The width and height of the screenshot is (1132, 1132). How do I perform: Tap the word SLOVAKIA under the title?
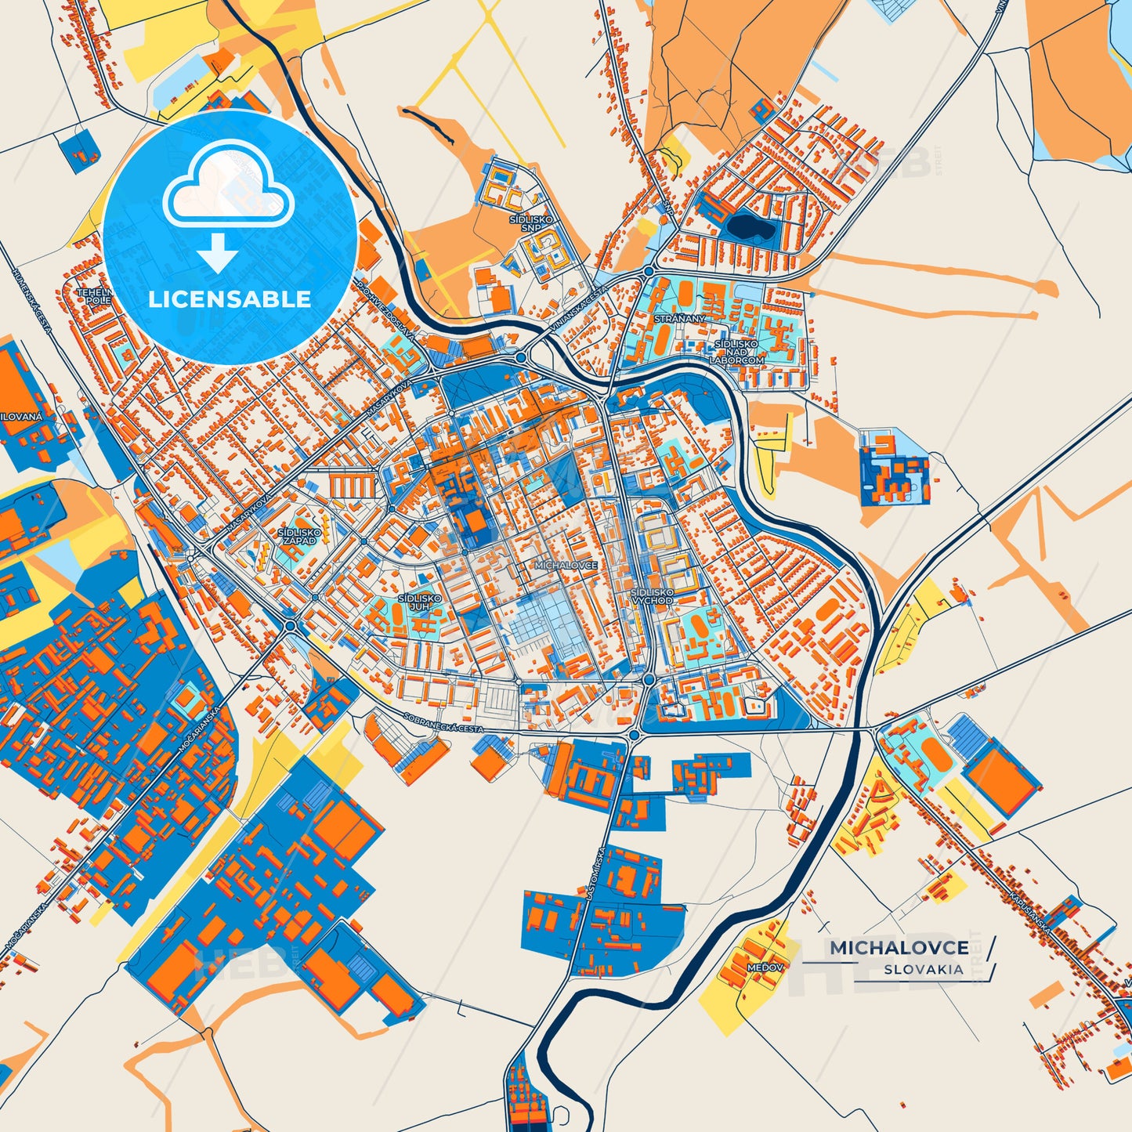click(924, 969)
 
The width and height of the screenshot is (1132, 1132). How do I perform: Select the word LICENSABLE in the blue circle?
click(230, 298)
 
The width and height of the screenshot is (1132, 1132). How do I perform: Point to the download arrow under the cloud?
click(217, 252)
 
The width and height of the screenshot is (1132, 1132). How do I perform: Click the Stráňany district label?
click(679, 319)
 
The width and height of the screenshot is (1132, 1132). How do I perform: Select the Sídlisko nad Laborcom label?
click(736, 352)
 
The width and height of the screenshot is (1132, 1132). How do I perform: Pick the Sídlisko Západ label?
click(299, 536)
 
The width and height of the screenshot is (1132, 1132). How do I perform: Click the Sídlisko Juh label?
click(419, 602)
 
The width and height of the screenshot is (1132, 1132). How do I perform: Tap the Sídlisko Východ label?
click(652, 596)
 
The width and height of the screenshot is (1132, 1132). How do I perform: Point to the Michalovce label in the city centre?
click(566, 565)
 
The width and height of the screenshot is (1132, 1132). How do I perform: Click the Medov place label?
click(765, 967)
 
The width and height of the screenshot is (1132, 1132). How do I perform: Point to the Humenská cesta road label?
click(31, 302)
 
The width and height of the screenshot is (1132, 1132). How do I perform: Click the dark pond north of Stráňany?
click(748, 227)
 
